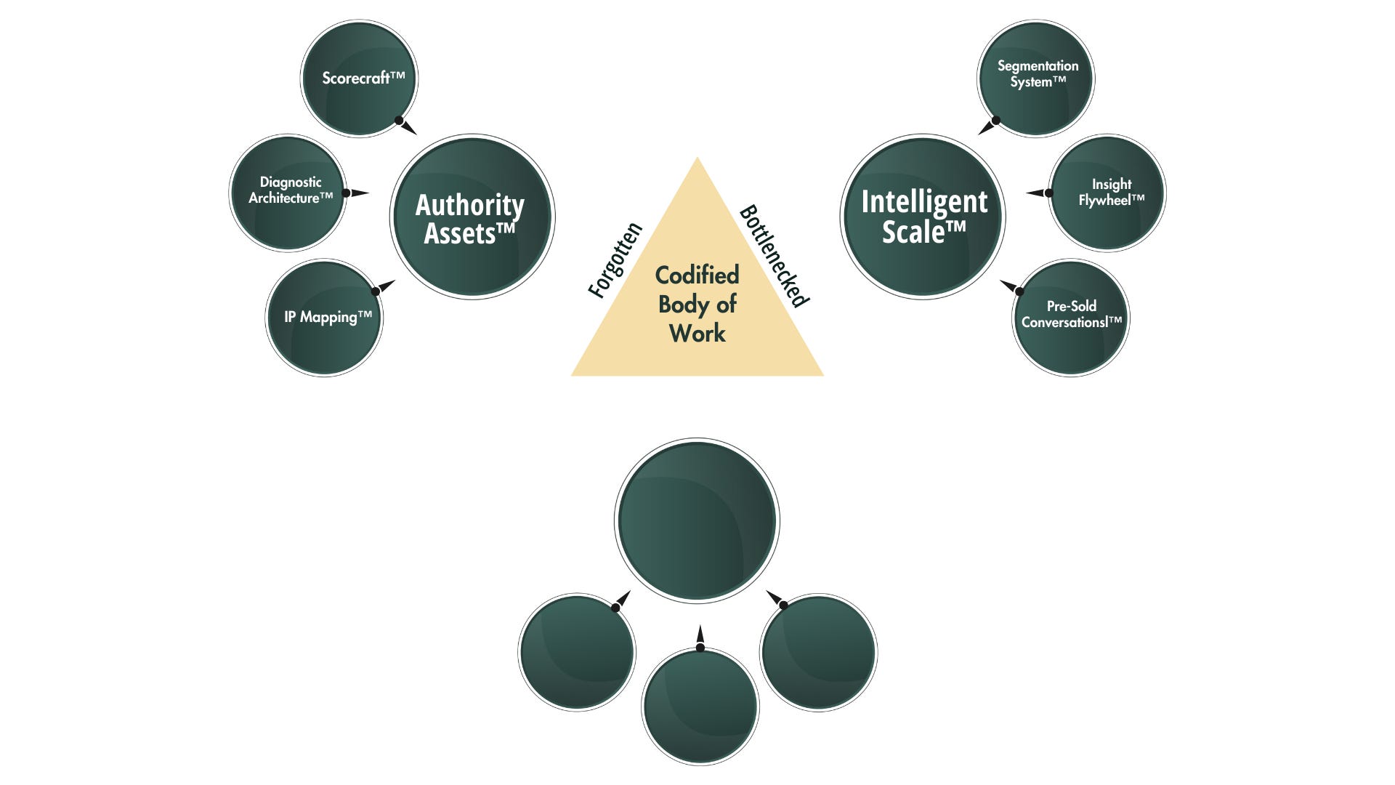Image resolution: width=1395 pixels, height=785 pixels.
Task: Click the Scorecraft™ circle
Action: coord(359,78)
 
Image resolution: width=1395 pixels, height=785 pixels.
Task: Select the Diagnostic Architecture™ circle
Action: coord(288,193)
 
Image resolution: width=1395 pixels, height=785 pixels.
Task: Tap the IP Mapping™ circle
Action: coord(324,318)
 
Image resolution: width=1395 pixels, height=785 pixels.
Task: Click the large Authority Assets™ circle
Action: coord(472,217)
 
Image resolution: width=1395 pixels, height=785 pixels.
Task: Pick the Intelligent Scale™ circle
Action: coord(923,217)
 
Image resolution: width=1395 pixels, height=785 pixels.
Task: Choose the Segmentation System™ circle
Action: coord(1035,78)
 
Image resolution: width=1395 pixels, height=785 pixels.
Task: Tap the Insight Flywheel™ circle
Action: coord(1107,193)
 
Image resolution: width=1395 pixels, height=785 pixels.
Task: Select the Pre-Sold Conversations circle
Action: coord(1071,318)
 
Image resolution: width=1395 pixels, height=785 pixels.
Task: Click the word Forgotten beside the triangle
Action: coord(615,260)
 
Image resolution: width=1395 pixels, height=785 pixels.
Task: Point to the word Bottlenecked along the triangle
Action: coord(775,256)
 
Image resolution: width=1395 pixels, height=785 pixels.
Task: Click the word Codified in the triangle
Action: coord(697,275)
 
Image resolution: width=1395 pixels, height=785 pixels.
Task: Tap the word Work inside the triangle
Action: coord(697,334)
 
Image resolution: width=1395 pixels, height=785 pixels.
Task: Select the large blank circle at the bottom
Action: coord(697,520)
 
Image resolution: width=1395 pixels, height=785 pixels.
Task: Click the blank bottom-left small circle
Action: coord(577,652)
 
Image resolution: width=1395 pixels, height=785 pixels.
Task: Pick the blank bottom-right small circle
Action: coord(818,652)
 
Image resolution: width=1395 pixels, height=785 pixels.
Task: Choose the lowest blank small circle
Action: coord(700,706)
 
